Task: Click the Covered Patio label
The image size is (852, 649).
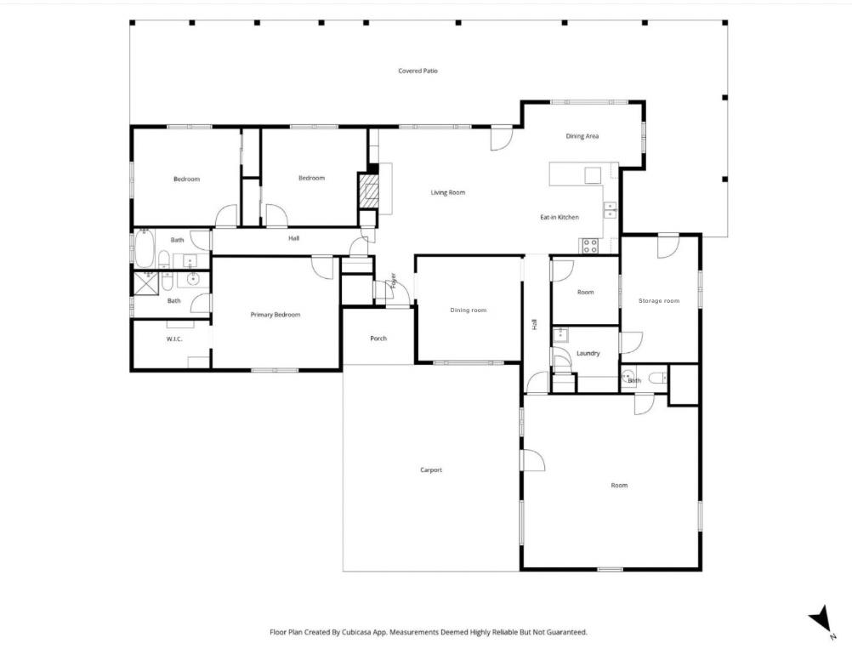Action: pos(417,71)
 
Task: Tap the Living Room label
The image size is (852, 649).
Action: pos(447,192)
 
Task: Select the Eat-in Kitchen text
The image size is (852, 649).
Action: pos(559,217)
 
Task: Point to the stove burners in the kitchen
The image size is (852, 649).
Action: pos(588,246)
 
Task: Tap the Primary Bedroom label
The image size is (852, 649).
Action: pos(275,315)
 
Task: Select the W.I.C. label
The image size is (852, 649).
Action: pos(174,339)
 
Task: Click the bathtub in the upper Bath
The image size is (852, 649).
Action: pos(144,250)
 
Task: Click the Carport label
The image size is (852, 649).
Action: pos(431,470)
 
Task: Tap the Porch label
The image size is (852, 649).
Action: pos(378,339)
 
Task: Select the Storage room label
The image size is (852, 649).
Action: pos(659,300)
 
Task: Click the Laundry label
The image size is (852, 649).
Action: pos(588,353)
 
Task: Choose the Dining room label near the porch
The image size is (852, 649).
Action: pos(468,310)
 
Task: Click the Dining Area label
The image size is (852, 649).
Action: pos(582,136)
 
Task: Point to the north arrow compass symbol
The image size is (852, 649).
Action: pos(819,619)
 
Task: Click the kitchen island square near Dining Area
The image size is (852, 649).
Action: pos(593,175)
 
